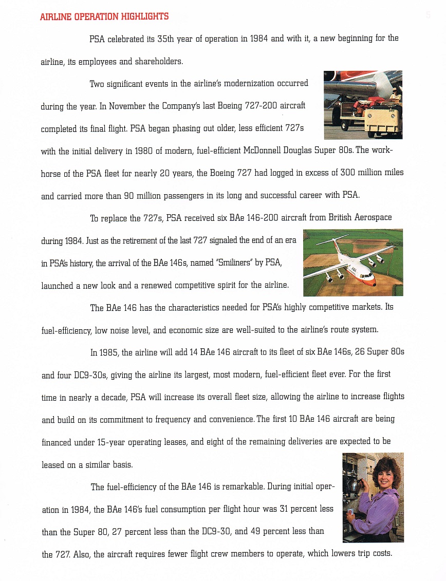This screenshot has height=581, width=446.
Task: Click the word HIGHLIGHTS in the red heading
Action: tap(144, 16)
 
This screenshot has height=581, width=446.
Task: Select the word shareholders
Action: tap(159, 62)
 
